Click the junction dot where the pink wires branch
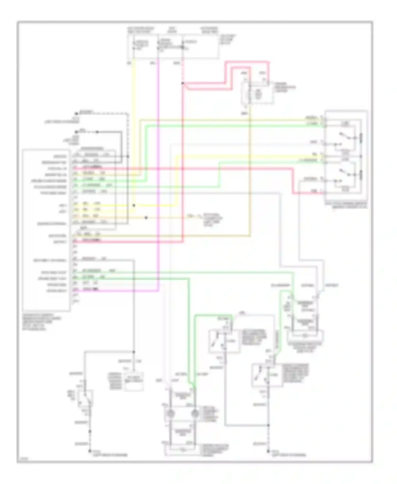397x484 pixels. point(183,83)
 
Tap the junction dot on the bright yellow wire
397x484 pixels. point(134,205)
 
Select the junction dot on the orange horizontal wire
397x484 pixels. point(146,218)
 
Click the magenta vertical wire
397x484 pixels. point(158,172)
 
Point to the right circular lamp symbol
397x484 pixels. point(195,413)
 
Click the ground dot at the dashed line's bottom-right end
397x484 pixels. point(268,451)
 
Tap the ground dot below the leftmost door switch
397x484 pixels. point(90,451)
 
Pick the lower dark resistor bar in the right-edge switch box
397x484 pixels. point(360,175)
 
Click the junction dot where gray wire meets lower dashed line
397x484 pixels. point(268,425)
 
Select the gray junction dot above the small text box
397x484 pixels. point(134,352)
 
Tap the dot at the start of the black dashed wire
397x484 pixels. point(76,113)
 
